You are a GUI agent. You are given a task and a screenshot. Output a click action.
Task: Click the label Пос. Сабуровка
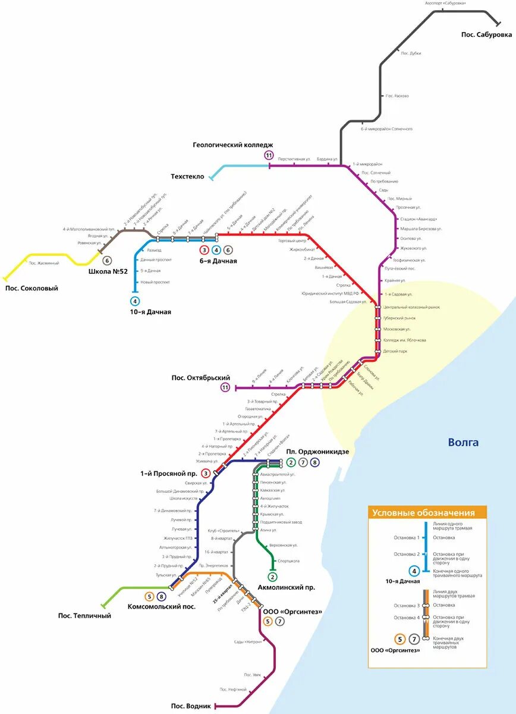[x=486, y=35]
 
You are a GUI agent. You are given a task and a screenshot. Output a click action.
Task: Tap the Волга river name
[x=463, y=442]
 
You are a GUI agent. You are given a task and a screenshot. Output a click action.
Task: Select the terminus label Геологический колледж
[x=233, y=145]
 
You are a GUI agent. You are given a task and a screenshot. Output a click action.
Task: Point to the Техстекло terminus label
[x=187, y=177]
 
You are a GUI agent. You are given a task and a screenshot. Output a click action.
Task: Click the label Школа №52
[x=108, y=271]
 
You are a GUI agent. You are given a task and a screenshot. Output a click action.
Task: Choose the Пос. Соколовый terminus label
[x=32, y=288]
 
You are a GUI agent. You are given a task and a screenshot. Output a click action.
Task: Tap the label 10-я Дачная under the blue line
[x=151, y=312]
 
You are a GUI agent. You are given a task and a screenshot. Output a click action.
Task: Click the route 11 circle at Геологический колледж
[x=269, y=156]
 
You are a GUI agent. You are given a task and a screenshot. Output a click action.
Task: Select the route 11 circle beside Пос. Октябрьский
[x=225, y=388]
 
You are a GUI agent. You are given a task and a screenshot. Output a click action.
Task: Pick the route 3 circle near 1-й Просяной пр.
[x=206, y=474]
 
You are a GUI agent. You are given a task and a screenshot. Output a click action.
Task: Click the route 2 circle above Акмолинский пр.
[x=273, y=577]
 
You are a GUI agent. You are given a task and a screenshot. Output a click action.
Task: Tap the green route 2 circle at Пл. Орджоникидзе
[x=291, y=462]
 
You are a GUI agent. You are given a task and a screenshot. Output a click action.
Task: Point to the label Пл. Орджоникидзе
[x=318, y=452]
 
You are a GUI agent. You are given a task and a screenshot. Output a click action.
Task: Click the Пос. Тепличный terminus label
[x=84, y=615]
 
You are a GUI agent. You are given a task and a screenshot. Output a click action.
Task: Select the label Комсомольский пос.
[x=162, y=606]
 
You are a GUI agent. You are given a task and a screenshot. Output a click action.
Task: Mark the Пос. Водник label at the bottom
[x=191, y=706]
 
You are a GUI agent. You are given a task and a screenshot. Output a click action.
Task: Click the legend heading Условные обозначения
[x=423, y=513]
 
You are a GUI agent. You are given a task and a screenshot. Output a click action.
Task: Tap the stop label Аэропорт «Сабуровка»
[x=445, y=3]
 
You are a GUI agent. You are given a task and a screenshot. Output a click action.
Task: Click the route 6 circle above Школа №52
[x=108, y=260]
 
